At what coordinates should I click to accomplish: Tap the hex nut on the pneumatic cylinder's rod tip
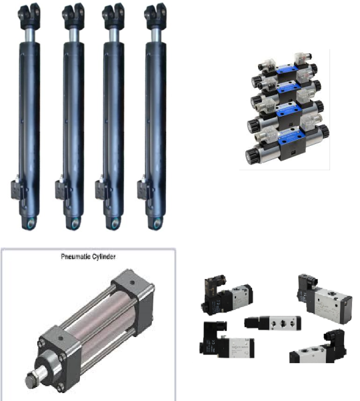click(x=33, y=380)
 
